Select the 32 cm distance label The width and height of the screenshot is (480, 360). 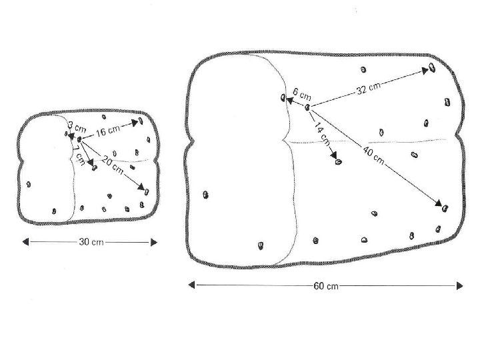pyautogui.click(x=368, y=88)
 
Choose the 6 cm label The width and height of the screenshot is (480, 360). pyautogui.click(x=301, y=93)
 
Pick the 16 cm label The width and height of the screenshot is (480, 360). pyautogui.click(x=108, y=130)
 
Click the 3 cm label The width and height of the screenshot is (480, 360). pyautogui.click(x=77, y=125)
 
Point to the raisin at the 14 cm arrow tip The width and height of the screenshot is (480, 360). pyautogui.click(x=339, y=161)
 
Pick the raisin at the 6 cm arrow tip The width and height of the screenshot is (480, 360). pyautogui.click(x=283, y=99)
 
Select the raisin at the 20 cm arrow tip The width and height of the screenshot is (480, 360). pyautogui.click(x=145, y=191)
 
